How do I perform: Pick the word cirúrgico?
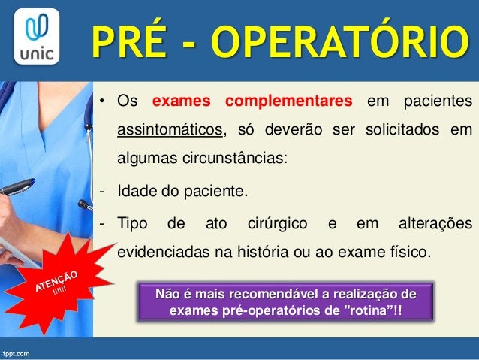[278, 223]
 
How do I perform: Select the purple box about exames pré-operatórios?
[286, 301]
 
